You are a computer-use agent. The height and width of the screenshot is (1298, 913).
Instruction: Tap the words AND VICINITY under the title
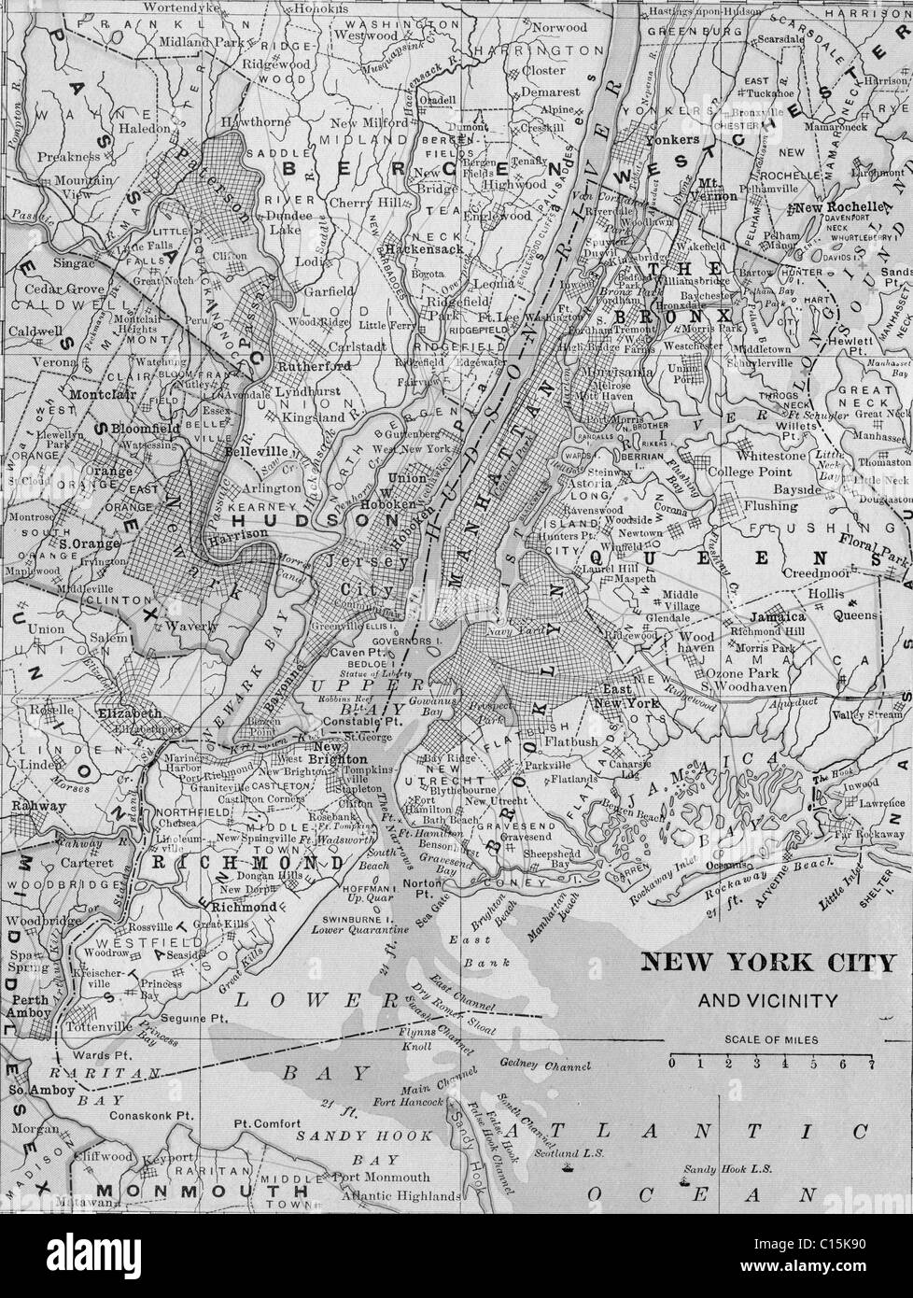[x=767, y=1001]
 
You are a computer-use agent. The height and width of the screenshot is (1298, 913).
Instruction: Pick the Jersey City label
[x=366, y=576]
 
